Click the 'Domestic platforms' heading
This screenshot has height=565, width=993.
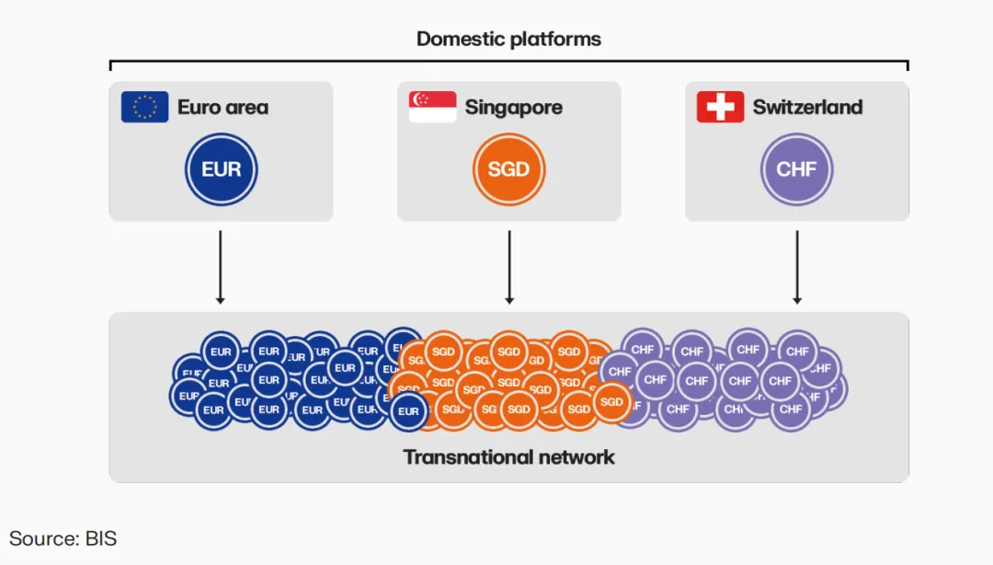[508, 39]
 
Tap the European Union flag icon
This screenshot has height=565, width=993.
[144, 107]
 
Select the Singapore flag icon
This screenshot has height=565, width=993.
[432, 107]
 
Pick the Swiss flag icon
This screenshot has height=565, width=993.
[720, 107]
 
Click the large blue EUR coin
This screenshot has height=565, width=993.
[221, 169]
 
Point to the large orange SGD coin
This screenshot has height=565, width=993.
[508, 169]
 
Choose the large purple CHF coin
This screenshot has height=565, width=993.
[796, 169]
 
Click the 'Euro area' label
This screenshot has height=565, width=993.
[223, 107]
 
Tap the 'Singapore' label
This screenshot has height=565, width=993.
[513, 107]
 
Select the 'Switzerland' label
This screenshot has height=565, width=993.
[807, 107]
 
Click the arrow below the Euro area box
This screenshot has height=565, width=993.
[220, 267]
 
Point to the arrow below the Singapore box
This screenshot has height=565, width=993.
[508, 267]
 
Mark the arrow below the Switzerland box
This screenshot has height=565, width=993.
[797, 267]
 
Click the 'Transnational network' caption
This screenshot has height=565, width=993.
[508, 456]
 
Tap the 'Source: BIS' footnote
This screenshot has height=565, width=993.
[63, 538]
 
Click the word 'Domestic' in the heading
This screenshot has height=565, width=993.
[457, 39]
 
